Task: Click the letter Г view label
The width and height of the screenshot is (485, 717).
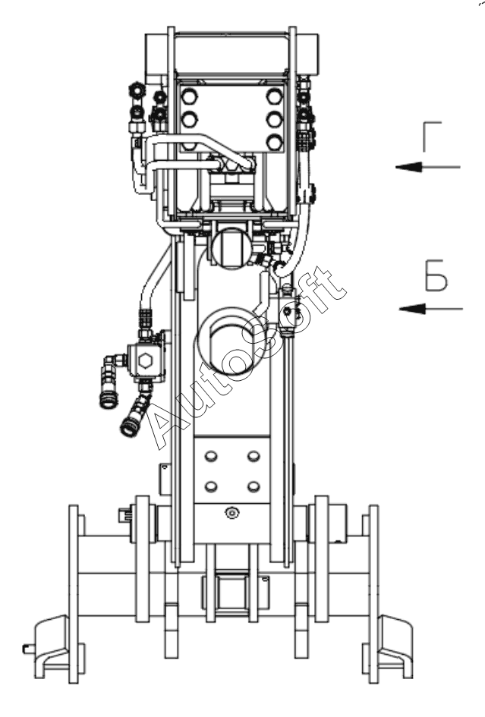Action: pos(431,137)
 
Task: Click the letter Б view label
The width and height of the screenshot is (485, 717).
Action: pos(436,275)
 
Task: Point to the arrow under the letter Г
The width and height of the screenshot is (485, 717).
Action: pos(428,167)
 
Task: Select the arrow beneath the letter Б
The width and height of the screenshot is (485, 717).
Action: pos(431,309)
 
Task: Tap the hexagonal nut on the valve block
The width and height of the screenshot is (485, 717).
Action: pos(146,361)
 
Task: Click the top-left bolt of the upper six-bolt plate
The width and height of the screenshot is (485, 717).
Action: pos(189,96)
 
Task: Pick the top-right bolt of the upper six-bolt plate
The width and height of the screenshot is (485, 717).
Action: pos(275,96)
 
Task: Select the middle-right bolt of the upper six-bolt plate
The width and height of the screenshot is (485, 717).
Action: pos(275,120)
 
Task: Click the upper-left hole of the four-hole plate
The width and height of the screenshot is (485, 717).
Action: pos(211,456)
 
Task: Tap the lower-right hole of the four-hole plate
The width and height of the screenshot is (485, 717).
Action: pos(254,486)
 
